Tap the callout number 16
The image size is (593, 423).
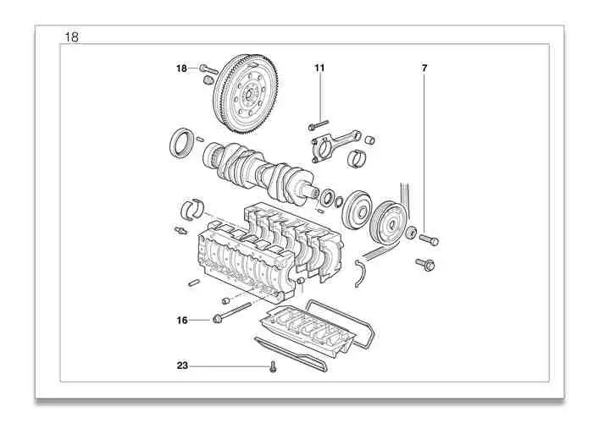[181, 320]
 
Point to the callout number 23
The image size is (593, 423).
[181, 366]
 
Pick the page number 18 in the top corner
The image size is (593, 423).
[72, 36]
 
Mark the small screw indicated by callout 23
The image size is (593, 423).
[274, 367]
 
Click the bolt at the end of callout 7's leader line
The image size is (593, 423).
[428, 240]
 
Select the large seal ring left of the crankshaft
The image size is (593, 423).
[180, 142]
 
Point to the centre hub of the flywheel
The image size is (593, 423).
[247, 93]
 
